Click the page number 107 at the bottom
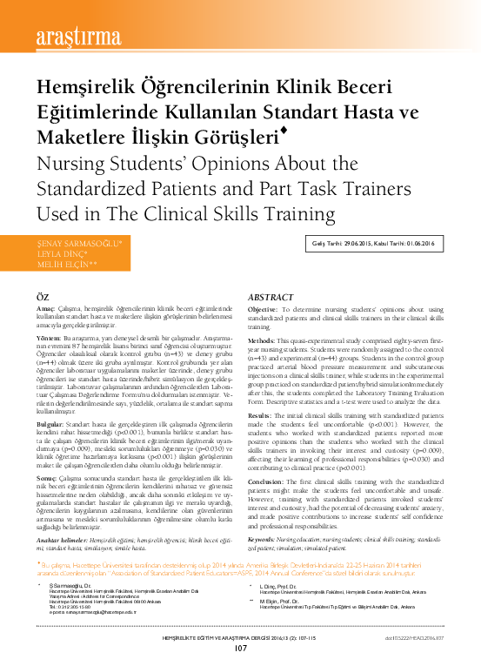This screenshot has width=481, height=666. pos(241,648)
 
